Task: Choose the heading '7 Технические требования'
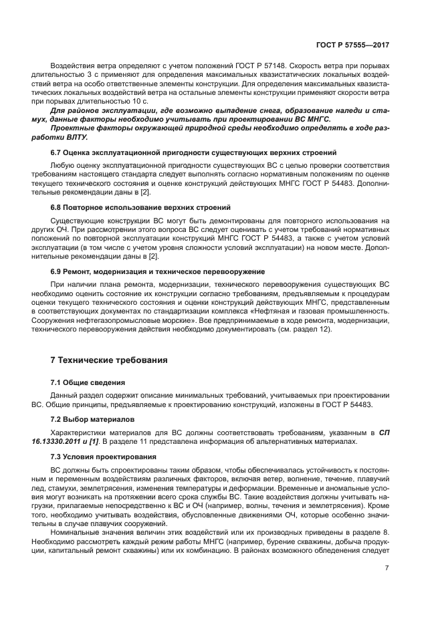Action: click(109, 360)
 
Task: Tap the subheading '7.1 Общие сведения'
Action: click(88, 382)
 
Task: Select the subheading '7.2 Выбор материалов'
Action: click(92, 418)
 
